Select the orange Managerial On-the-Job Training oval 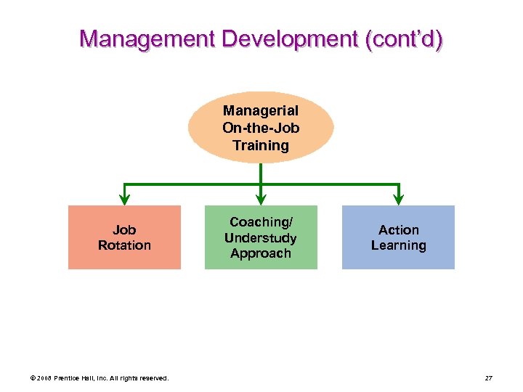coord(261,128)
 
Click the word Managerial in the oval coord(261,111)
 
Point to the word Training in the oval coord(261,145)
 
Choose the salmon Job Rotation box coord(124,237)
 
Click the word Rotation coord(124,245)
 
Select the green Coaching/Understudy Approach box coord(261,237)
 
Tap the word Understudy coord(261,238)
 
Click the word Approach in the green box coord(261,253)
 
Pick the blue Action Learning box coord(398,237)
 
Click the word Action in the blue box coord(399,230)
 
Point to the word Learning coord(399,245)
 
